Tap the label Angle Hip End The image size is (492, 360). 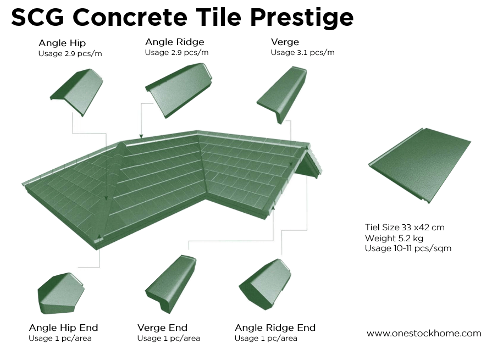63,328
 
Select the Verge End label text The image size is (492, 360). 162,328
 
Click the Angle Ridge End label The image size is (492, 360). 275,328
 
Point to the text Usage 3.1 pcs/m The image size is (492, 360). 302,53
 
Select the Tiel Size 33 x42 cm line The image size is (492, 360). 405,227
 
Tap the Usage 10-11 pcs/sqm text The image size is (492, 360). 408,248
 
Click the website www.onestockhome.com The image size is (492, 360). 423,333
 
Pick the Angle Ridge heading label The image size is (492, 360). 175,42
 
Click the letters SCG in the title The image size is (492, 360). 37,18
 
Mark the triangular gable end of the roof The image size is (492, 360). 309,164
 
